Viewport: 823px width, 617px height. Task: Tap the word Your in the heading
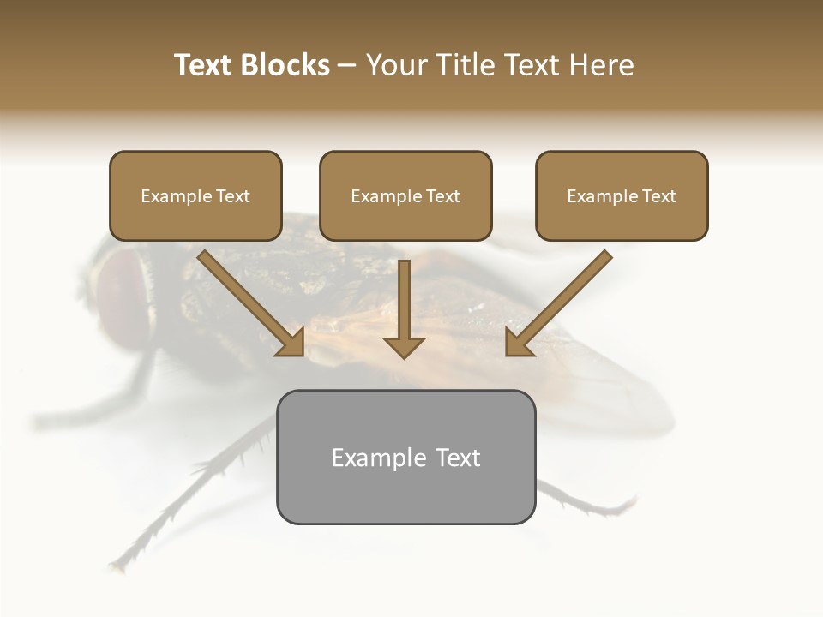click(x=398, y=65)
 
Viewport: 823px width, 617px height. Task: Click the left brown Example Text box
click(x=195, y=196)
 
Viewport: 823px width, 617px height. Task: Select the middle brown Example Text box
click(x=405, y=196)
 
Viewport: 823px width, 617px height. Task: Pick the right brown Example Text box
click(x=622, y=196)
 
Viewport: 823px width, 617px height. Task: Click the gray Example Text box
click(x=405, y=458)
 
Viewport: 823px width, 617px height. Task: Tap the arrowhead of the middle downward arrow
click(x=404, y=347)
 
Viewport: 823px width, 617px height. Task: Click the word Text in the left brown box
click(x=232, y=196)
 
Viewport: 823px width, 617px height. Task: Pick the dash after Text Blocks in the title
click(x=347, y=65)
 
